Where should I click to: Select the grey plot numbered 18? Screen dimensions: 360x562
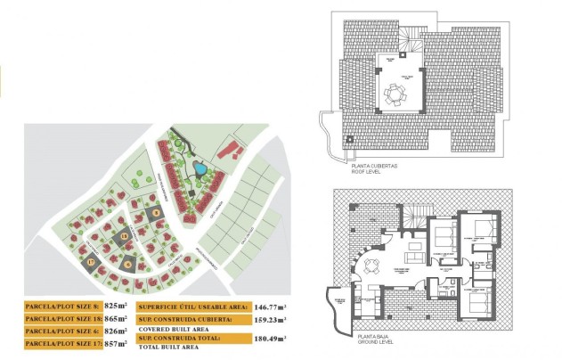(124, 236)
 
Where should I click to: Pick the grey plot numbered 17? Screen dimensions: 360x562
(91, 261)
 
